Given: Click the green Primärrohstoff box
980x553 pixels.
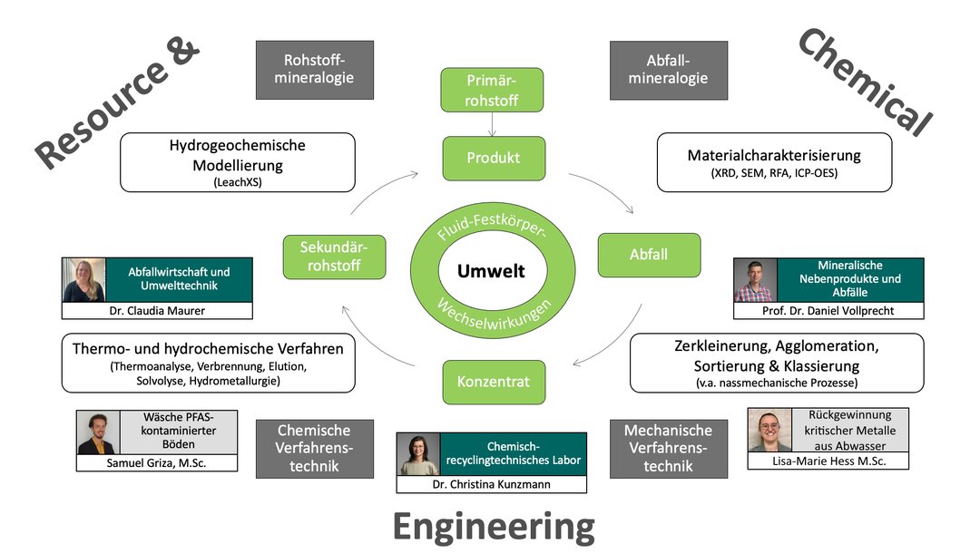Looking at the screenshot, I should [493, 90].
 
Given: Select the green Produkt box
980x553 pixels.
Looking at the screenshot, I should [493, 158].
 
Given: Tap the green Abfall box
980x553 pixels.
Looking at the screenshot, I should [648, 255].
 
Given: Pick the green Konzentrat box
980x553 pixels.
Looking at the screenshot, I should [493, 382].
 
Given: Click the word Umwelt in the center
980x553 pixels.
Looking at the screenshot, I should [491, 271].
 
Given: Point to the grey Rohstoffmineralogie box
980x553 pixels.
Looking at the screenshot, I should [315, 69].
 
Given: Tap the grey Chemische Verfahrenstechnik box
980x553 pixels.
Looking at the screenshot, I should [314, 448].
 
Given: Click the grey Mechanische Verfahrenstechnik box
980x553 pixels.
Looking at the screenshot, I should [669, 448].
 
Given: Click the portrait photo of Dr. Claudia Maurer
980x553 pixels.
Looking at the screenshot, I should [84, 280].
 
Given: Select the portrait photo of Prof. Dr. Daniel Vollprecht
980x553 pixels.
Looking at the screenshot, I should [756, 280].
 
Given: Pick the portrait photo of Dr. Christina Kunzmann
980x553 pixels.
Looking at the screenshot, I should [419, 454].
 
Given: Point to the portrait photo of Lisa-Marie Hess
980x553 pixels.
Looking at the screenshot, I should [770, 430].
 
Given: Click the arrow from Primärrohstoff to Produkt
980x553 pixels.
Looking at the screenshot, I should [492, 124].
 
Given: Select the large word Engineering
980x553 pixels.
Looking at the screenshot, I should [493, 525].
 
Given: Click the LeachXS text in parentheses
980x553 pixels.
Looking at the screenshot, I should [237, 181].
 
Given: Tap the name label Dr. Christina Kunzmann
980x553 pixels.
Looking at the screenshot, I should [491, 484].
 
